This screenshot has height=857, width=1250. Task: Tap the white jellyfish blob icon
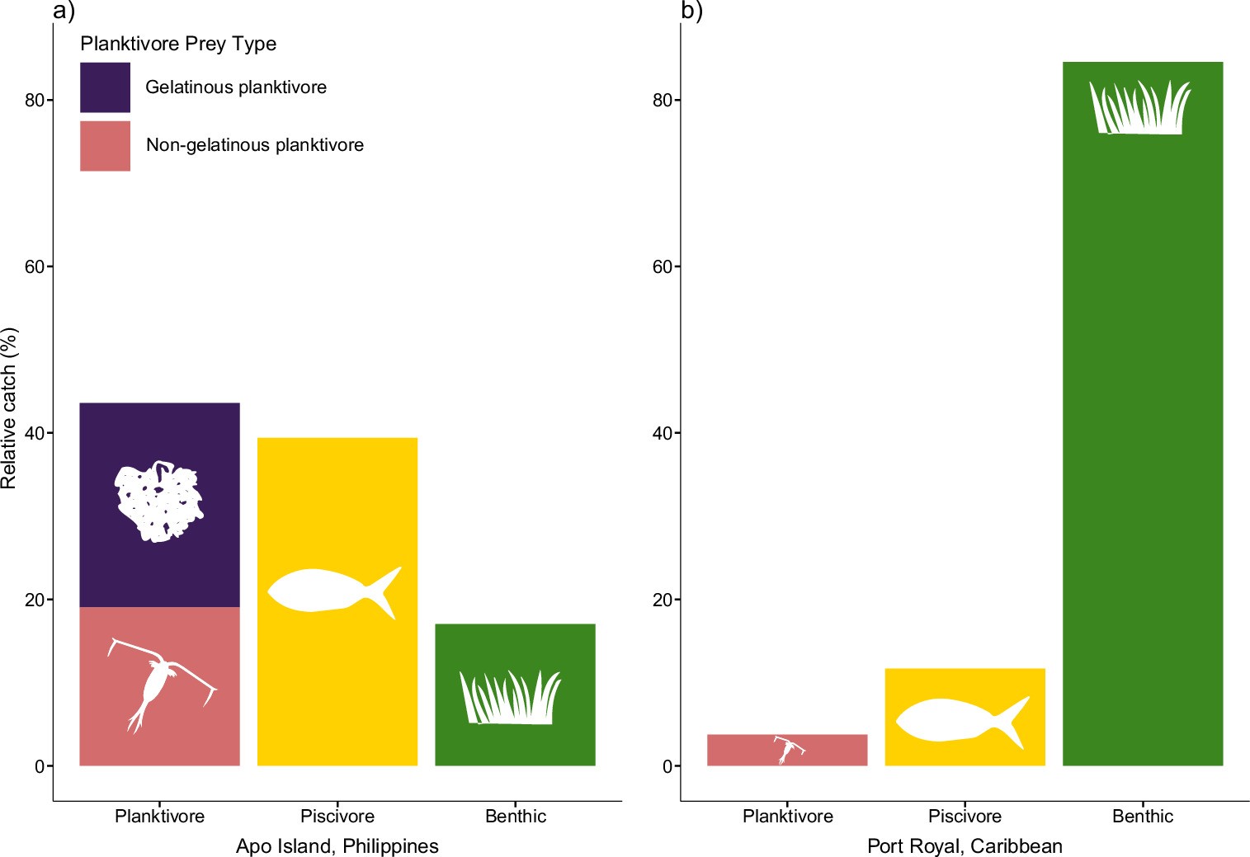coord(159,501)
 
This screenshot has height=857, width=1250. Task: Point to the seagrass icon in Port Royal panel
coord(1139,108)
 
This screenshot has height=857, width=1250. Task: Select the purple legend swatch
coord(105,87)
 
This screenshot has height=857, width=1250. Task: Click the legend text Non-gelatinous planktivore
coord(254,145)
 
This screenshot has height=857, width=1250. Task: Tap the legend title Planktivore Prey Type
coord(178,44)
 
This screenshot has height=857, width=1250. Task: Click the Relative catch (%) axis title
coord(9,408)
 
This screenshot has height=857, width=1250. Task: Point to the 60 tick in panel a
coord(35,267)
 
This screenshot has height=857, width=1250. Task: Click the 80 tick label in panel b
coord(662,101)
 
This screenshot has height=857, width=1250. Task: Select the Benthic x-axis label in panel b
coord(1142,817)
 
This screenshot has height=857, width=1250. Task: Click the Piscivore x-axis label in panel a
coord(337,817)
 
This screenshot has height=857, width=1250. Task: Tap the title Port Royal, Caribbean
coord(965,846)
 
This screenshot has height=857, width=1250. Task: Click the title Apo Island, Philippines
coord(337,846)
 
